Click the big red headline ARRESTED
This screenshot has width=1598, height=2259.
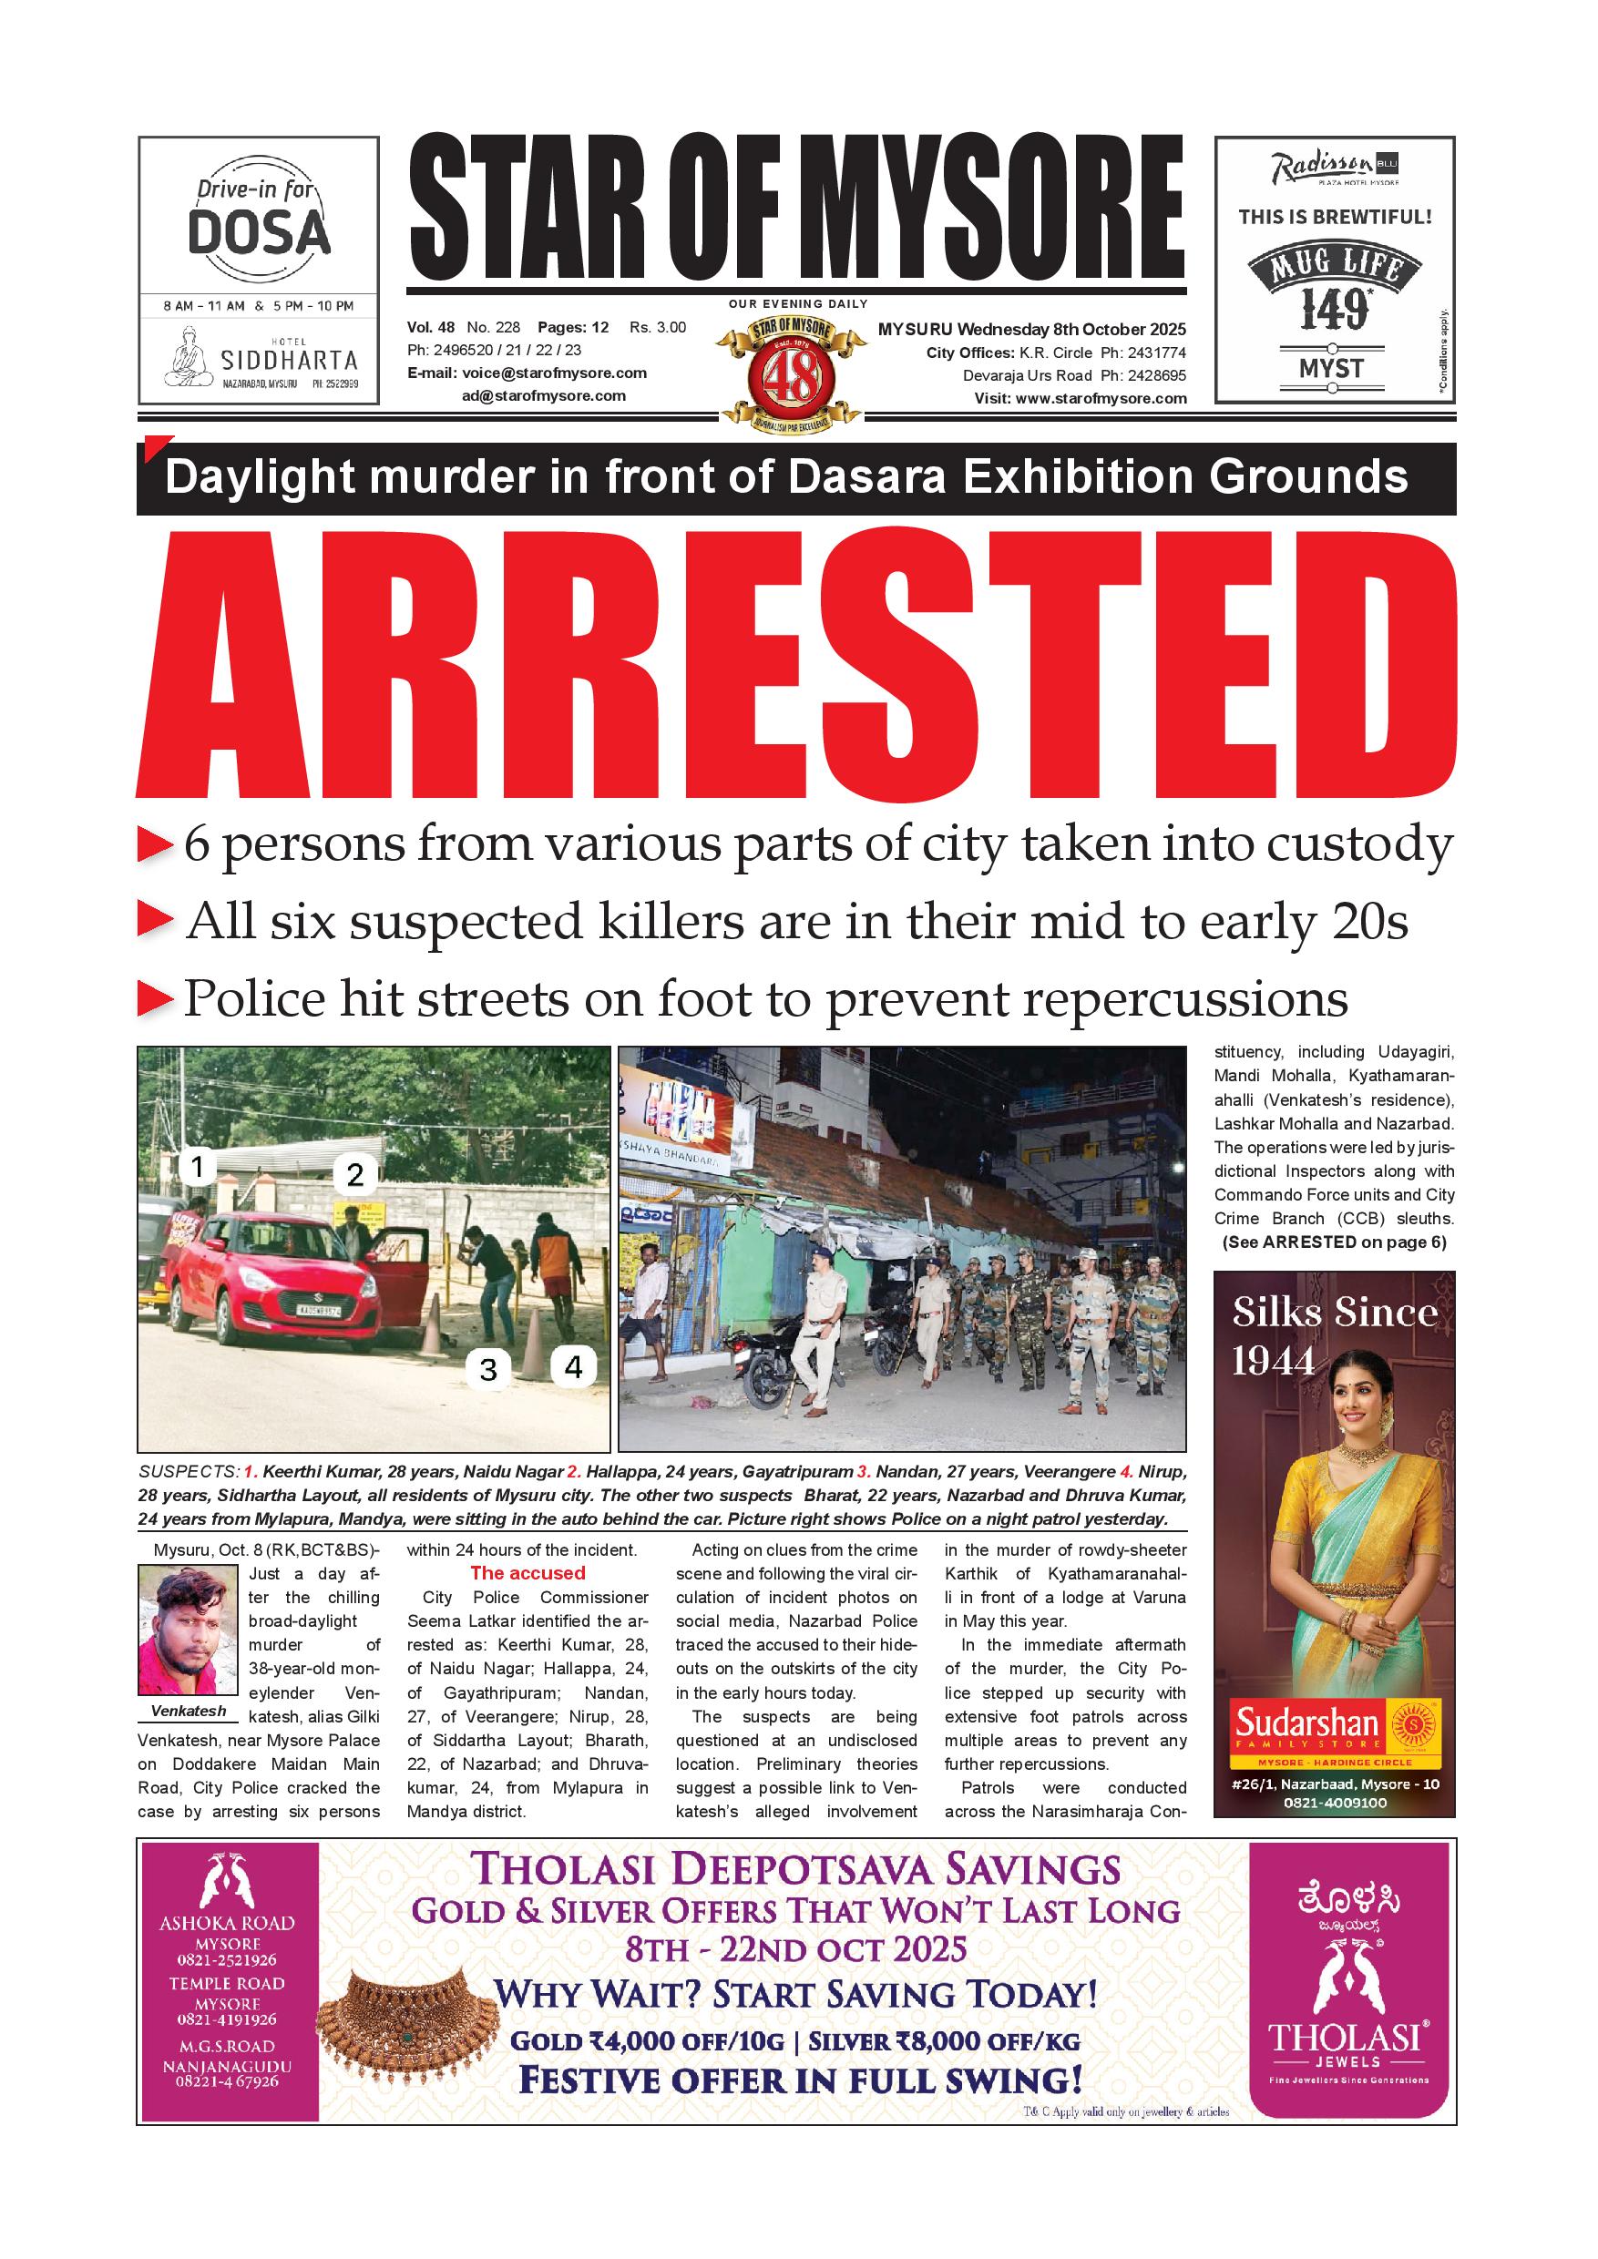click(795, 666)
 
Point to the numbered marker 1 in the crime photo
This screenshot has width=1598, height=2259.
click(198, 1167)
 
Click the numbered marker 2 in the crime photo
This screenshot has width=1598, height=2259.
click(355, 1174)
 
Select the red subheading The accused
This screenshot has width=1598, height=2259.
click(528, 1573)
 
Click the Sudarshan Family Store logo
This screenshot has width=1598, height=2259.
click(1336, 1729)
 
